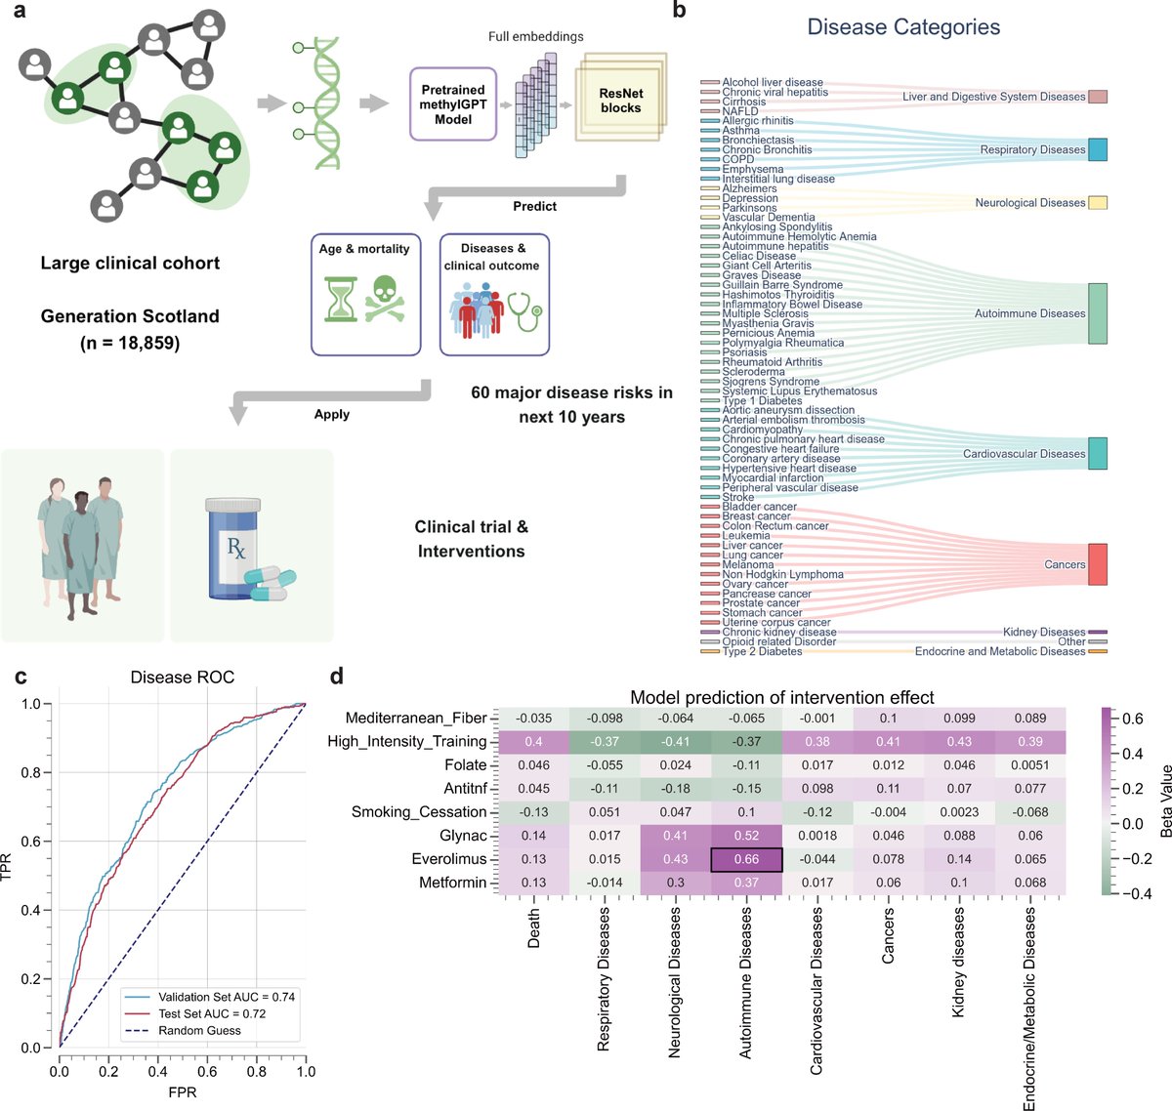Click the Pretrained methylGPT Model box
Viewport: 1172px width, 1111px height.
click(x=453, y=104)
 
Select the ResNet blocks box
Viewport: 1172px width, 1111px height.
click(x=620, y=102)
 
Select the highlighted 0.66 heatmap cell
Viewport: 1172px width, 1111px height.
click(x=746, y=859)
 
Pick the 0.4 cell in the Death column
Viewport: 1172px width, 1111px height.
click(x=533, y=742)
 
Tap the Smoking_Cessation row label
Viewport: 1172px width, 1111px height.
click(x=419, y=812)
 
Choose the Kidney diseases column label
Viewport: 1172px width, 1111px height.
click(x=958, y=963)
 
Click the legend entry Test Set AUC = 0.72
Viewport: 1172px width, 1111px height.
click(x=212, y=1013)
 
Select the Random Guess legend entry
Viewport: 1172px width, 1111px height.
click(x=199, y=1030)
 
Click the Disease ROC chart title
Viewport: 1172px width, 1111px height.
click(x=183, y=678)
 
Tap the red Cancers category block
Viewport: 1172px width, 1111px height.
click(x=1098, y=564)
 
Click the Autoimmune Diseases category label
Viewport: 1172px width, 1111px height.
click(x=1029, y=313)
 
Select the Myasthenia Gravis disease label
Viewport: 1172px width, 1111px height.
click(x=768, y=323)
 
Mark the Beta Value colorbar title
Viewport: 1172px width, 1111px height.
click(x=1165, y=801)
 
